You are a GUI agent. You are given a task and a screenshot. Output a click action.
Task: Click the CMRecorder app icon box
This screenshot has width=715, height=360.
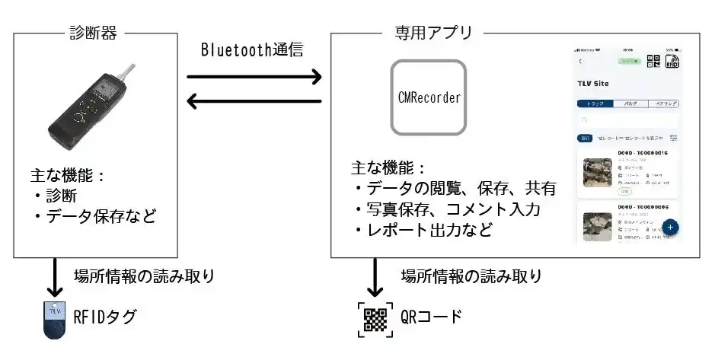click(x=428, y=98)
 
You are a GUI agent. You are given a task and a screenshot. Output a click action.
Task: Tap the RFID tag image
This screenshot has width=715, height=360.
click(x=53, y=320)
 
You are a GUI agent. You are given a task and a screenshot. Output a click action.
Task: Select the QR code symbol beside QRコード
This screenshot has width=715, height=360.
click(x=374, y=319)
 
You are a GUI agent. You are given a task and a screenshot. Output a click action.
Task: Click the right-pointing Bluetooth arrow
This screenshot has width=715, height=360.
click(x=254, y=76)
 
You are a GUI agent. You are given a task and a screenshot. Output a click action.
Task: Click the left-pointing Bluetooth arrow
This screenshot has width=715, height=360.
click(x=254, y=100)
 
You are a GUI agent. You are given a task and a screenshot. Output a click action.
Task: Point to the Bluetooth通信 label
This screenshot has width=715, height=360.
click(x=252, y=50)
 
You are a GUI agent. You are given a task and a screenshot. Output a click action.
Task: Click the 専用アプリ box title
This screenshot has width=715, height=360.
click(x=433, y=33)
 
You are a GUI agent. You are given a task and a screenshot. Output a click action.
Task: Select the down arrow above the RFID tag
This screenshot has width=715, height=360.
click(x=53, y=279)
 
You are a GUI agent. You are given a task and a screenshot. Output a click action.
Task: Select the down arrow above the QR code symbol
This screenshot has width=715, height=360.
click(x=374, y=279)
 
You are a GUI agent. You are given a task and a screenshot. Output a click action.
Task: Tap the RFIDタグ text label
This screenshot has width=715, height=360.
click(x=106, y=317)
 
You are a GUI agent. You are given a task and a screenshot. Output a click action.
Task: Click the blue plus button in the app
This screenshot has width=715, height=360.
click(x=670, y=227)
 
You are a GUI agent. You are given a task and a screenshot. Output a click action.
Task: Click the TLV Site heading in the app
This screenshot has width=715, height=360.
click(x=594, y=82)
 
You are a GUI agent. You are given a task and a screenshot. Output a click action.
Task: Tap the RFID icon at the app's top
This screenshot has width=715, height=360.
click(x=672, y=62)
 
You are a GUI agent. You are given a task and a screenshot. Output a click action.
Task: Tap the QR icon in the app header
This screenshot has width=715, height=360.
click(x=653, y=62)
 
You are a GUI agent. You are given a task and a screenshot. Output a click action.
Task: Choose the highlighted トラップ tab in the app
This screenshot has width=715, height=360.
click(x=595, y=104)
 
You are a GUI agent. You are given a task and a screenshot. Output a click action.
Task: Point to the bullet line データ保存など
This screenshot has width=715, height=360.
click(x=94, y=217)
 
